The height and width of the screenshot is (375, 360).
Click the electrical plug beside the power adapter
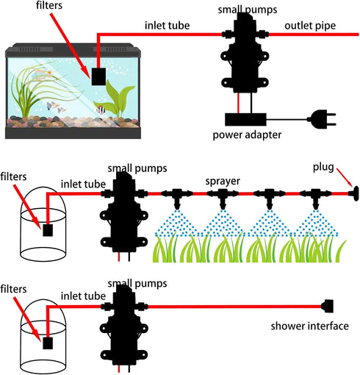tap(321, 119)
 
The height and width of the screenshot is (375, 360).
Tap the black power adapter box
tap(245, 119)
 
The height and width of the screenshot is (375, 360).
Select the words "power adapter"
tap(247, 135)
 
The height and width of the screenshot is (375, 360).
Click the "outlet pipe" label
tap(310, 26)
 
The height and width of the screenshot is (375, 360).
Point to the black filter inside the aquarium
tap(98, 76)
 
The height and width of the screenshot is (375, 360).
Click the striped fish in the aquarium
tap(101, 110)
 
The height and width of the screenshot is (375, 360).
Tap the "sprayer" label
tap(223, 182)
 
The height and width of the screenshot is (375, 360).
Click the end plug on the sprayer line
tap(356, 193)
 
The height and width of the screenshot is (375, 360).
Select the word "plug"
tap(323, 168)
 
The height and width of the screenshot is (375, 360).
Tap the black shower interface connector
tap(327, 306)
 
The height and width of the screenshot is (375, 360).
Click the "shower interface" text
tap(309, 326)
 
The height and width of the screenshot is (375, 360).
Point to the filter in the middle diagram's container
tap(48, 230)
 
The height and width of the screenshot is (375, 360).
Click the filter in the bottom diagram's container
tap(48, 343)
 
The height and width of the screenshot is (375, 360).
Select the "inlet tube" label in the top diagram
tap(168, 26)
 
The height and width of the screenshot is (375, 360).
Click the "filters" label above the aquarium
tap(49, 5)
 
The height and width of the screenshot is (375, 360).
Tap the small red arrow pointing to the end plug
tap(345, 178)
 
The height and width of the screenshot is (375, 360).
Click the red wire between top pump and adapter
tap(238, 103)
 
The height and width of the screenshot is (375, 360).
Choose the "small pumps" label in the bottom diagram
tap(137, 283)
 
